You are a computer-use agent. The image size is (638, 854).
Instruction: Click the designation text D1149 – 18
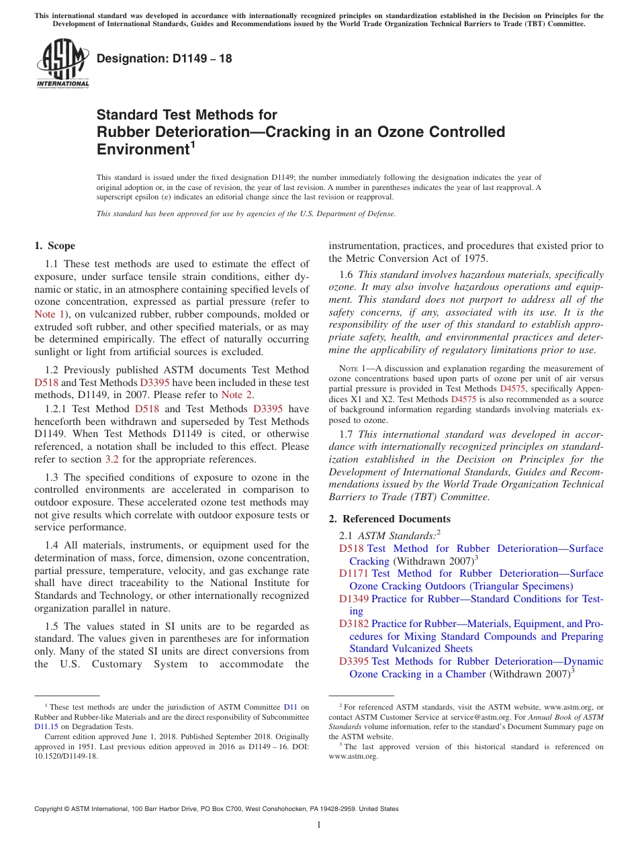(x=165, y=58)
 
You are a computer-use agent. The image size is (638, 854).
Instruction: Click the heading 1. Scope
(x=54, y=246)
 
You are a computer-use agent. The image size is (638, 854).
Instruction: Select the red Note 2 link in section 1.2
(x=236, y=395)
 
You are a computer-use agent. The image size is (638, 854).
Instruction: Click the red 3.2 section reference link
(x=113, y=460)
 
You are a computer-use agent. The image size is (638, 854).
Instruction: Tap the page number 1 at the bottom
(x=319, y=824)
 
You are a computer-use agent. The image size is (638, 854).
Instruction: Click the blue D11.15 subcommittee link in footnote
(x=46, y=726)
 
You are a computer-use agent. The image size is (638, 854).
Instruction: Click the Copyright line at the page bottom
(x=216, y=809)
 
